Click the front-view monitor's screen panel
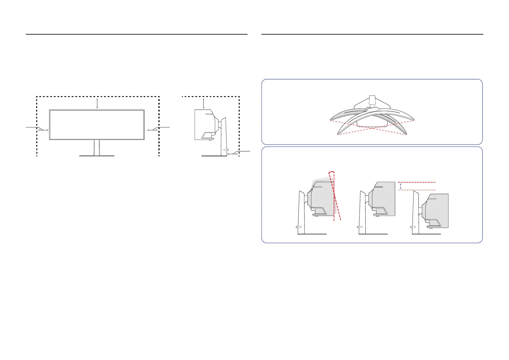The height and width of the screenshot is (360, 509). pos(97,125)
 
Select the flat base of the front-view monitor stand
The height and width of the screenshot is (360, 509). pos(97,156)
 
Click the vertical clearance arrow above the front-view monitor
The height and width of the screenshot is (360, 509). pos(97,103)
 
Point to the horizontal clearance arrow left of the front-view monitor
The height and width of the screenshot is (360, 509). pos(44,130)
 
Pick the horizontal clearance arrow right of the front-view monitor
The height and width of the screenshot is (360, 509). pos(152,130)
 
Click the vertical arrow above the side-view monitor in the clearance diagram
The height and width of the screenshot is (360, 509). pos(204,103)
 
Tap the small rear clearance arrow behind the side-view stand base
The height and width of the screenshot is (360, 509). pos(232,154)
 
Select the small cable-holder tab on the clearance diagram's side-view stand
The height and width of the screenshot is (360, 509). pos(225,150)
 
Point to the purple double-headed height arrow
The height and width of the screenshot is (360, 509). pos(401,186)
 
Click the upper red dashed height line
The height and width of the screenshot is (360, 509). pos(417,182)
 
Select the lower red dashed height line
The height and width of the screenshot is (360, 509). pos(417,190)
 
